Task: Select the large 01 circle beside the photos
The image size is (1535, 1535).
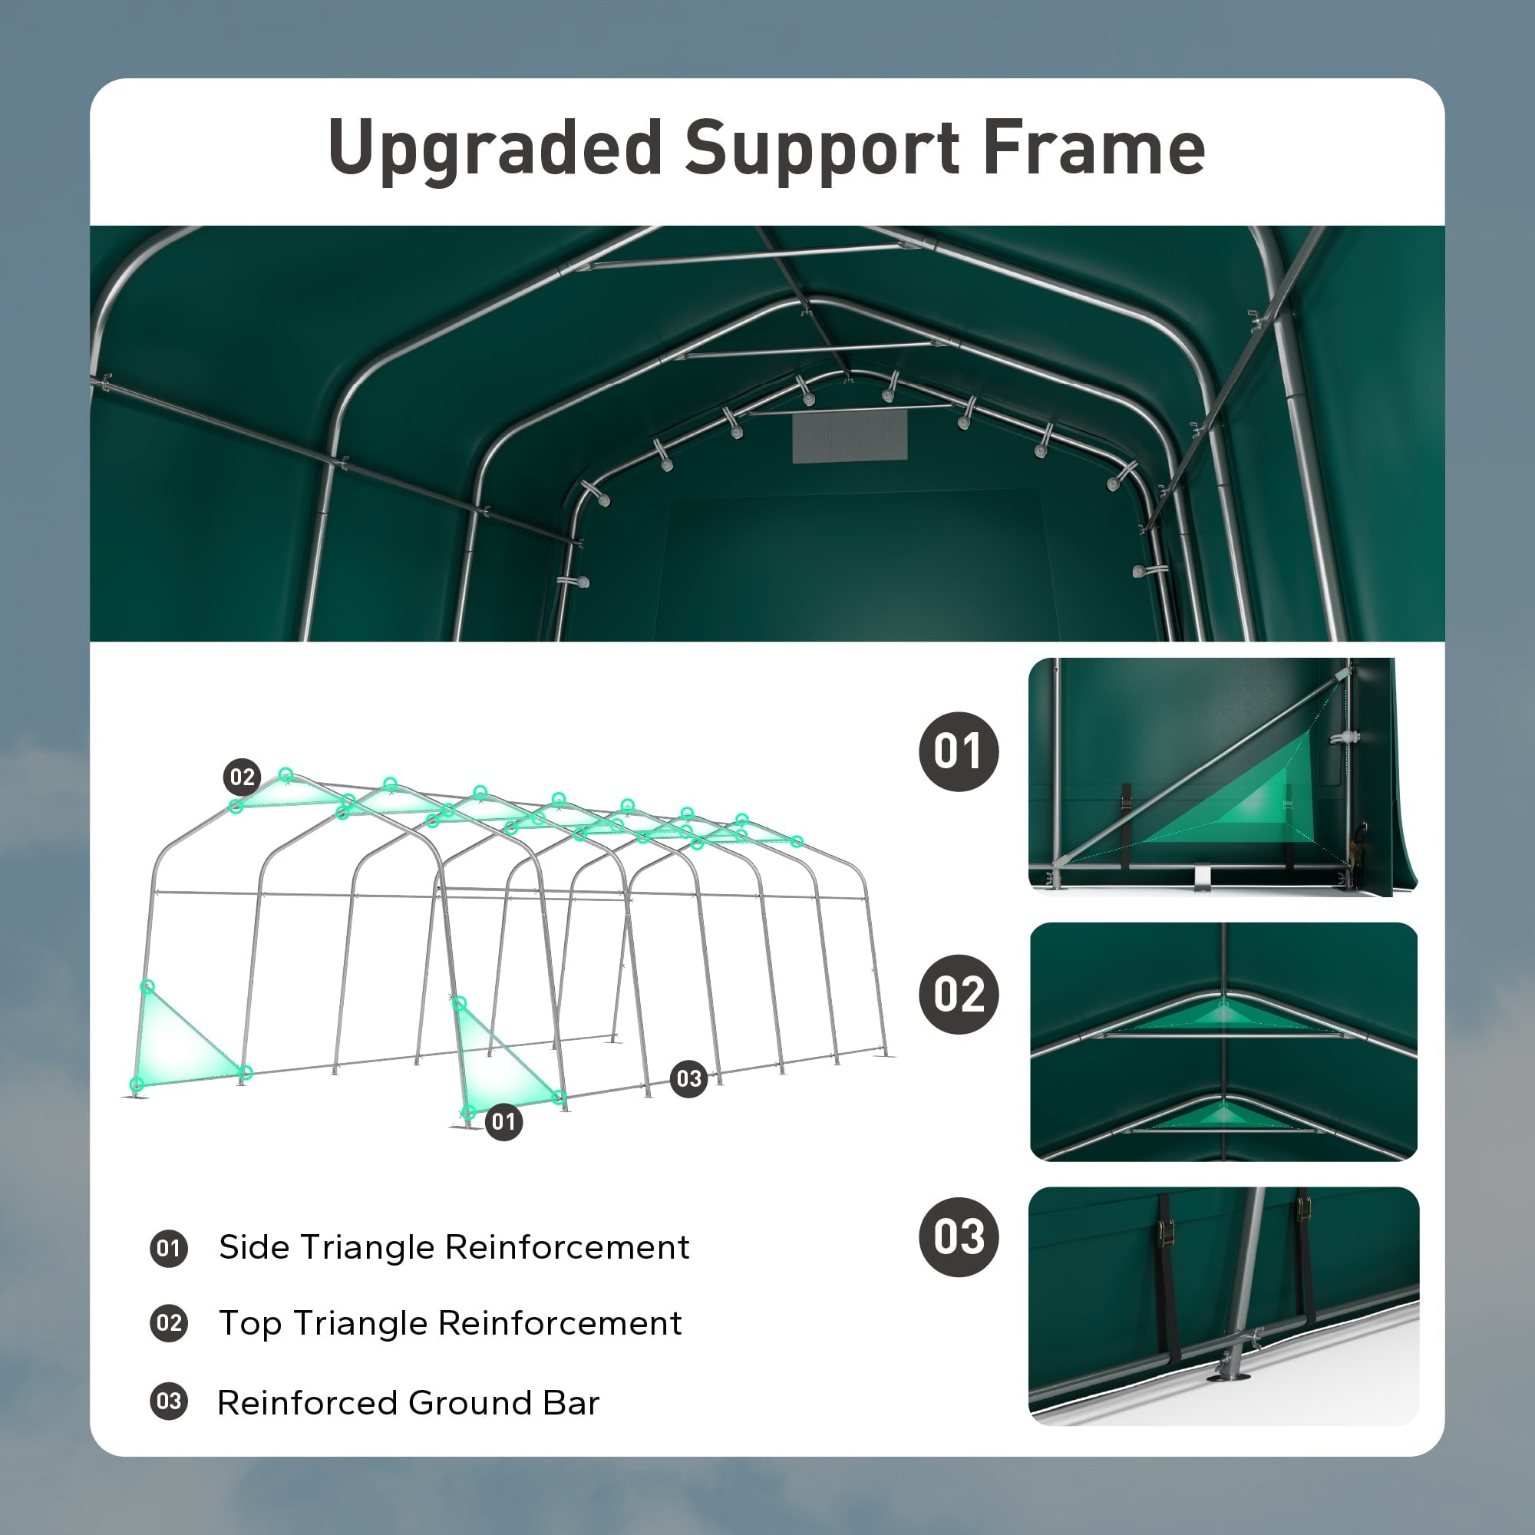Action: pyautogui.click(x=958, y=751)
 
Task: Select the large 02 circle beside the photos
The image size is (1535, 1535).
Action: pyautogui.click(x=958, y=994)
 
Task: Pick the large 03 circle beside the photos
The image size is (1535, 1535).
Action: pyautogui.click(x=958, y=1237)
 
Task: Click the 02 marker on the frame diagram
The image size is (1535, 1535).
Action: pyautogui.click(x=243, y=777)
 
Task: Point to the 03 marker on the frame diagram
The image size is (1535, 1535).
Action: pyautogui.click(x=689, y=1079)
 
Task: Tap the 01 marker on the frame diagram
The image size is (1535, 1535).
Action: pyautogui.click(x=503, y=1122)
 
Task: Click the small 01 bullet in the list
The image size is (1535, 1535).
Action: pyautogui.click(x=168, y=1248)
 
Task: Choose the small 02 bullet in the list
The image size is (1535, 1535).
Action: pyautogui.click(x=168, y=1324)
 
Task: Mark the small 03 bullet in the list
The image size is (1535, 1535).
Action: pyautogui.click(x=168, y=1401)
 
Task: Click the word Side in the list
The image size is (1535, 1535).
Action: pyautogui.click(x=249, y=1247)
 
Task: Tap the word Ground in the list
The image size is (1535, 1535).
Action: pyautogui.click(x=469, y=1402)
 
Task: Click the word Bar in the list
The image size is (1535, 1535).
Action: pyautogui.click(x=571, y=1402)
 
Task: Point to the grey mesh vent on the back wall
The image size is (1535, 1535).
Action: pyautogui.click(x=850, y=436)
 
